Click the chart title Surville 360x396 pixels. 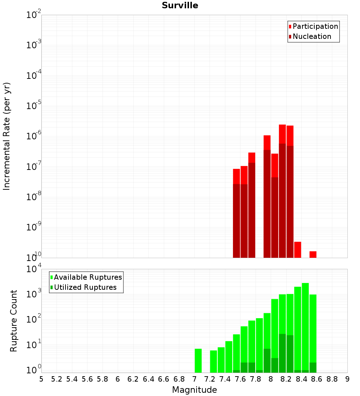pos(180,5)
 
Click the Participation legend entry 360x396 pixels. pos(313,26)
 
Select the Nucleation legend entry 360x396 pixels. pos(310,36)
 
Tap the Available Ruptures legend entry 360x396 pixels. pos(86,277)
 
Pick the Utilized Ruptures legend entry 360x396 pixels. pos(84,287)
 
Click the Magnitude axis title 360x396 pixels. pos(194,390)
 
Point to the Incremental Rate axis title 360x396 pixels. pos(6,136)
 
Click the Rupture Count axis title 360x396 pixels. pos(13,321)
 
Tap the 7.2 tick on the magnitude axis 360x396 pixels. pos(210,379)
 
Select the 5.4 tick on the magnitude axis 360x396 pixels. pos(72,379)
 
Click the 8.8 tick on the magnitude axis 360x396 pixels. pos(332,379)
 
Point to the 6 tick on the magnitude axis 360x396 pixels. pos(118,379)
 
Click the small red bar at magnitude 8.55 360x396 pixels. pos(313,255)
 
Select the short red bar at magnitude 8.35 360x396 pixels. pos(298,250)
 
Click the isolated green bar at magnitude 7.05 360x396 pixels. pos(198,361)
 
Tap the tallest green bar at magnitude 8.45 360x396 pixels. pos(305,328)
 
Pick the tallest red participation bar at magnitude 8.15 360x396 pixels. pos(282,134)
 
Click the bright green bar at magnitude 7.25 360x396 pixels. pos(213,361)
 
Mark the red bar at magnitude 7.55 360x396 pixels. pos(236,176)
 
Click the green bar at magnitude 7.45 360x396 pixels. pos(229,357)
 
